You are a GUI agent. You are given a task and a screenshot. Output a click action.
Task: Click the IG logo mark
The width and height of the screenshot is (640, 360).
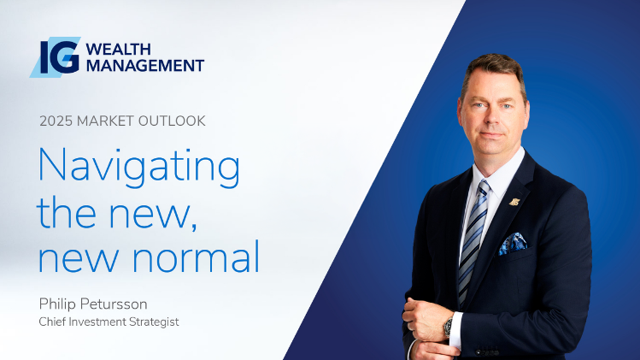pos(55,57)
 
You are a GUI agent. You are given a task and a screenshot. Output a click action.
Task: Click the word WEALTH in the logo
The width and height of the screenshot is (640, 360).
pos(119,50)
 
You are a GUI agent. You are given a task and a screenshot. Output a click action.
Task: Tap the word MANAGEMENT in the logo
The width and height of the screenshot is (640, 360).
pos(145,65)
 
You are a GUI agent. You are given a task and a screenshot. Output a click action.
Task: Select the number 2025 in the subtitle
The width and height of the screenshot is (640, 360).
pos(56,121)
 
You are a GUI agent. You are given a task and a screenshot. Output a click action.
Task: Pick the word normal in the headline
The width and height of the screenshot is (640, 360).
pos(196,257)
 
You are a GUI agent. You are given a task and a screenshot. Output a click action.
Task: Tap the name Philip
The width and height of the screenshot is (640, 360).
pos(57,304)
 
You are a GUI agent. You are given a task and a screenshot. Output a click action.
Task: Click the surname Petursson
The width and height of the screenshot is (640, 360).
pos(114,304)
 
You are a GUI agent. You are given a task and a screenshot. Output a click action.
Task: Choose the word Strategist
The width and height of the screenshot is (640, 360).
pos(154,322)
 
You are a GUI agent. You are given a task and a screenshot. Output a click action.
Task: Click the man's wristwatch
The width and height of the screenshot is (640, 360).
pos(448,326)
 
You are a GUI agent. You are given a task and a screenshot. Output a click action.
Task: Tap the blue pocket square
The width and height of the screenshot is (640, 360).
pos(513,244)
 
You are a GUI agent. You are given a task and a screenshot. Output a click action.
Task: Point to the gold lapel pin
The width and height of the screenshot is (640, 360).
pos(514,202)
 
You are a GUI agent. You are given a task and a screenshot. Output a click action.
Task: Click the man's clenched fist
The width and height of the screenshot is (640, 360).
pos(424,320)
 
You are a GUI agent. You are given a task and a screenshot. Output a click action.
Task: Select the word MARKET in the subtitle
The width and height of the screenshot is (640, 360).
pos(105,121)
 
